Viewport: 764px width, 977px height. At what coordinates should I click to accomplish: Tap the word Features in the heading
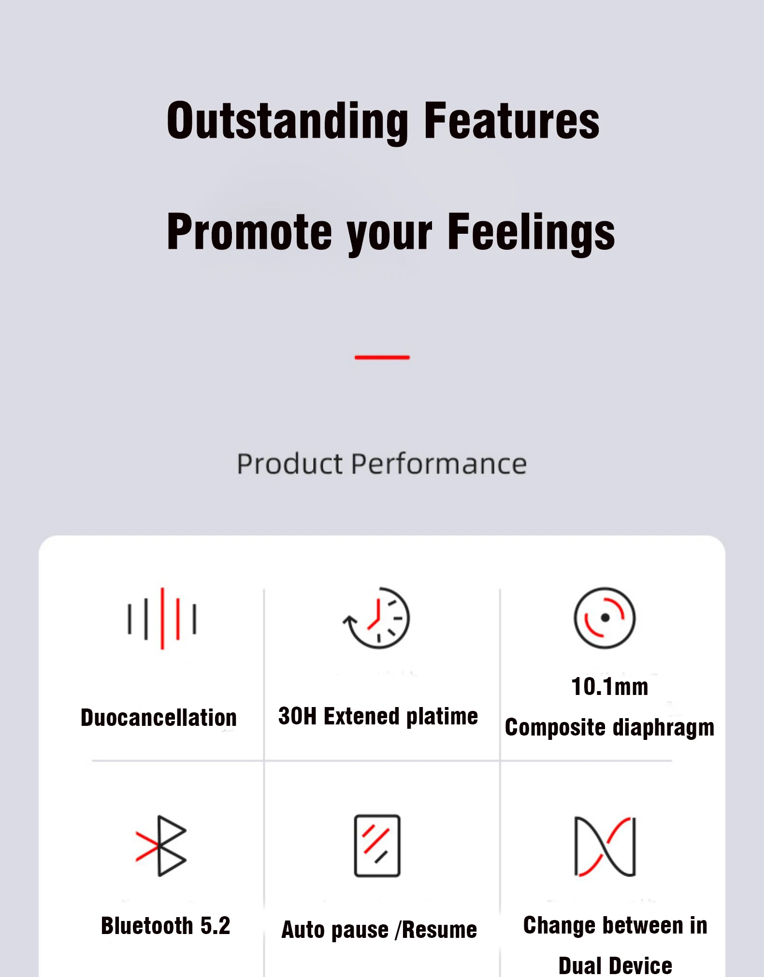coord(511,120)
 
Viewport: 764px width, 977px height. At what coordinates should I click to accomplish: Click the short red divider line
coord(382,357)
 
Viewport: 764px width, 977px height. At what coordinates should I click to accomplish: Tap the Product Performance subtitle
coord(382,464)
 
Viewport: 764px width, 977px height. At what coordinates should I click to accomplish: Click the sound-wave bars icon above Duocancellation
coord(162,619)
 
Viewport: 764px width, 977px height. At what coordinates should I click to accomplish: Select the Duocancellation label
coord(159,717)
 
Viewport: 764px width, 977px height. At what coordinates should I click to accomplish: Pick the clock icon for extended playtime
coord(376,618)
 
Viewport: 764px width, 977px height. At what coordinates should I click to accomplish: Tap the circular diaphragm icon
coord(605,618)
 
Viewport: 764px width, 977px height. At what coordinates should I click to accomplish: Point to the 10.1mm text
coord(610,686)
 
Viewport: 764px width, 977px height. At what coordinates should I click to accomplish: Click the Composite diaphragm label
coord(609,727)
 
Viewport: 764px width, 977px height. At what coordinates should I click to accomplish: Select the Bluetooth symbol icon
coord(161,846)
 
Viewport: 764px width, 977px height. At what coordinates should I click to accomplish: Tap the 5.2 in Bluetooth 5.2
coord(215,926)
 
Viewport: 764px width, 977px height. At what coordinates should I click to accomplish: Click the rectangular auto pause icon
coord(377,846)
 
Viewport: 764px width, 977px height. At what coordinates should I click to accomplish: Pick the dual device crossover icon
coord(605,846)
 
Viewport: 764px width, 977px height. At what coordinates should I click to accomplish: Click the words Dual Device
coord(615,966)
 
